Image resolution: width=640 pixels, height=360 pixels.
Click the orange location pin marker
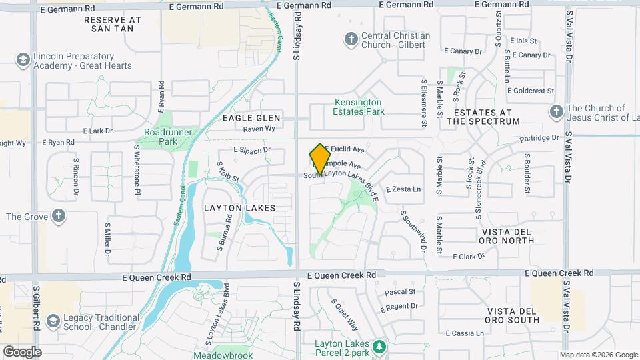pyautogui.click(x=321, y=159)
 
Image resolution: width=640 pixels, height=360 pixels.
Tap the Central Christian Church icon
pyautogui.click(x=351, y=39)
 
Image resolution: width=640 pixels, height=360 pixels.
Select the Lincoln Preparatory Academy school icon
pyautogui.click(x=24, y=61)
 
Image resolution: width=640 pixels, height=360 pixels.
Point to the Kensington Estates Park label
pyautogui.click(x=358, y=107)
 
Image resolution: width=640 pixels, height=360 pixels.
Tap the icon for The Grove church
pyautogui.click(x=59, y=216)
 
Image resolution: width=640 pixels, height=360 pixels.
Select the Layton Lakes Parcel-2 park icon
pyautogui.click(x=379, y=346)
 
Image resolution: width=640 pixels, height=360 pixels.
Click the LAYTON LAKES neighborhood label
pyautogui.click(x=239, y=208)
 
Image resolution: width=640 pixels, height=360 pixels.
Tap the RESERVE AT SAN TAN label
pyautogui.click(x=113, y=25)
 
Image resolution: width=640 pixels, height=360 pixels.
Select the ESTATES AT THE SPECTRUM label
pyautogui.click(x=483, y=117)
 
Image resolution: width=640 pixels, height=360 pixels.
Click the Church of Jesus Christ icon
pyautogui.click(x=555, y=112)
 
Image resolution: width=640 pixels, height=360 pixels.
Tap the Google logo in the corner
pyautogui.click(x=21, y=351)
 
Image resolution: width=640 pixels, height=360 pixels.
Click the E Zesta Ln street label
pyautogui.click(x=403, y=189)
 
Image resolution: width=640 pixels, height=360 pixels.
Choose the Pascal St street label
pyautogui.click(x=400, y=291)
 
